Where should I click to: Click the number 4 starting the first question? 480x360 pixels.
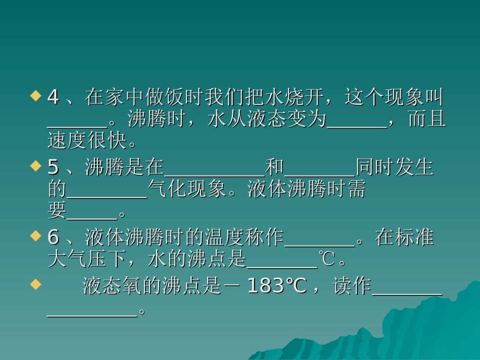tap(53, 97)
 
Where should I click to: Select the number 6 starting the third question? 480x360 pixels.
tap(53, 237)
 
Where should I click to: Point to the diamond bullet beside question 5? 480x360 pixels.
tap(35, 166)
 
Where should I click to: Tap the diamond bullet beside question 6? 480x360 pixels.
tap(35, 235)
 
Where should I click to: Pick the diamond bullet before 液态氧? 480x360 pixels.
tap(35, 284)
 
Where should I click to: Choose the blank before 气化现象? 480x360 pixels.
tap(107, 197)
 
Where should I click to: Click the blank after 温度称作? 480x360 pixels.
tap(320, 244)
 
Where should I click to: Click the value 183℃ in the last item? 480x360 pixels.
tap(277, 286)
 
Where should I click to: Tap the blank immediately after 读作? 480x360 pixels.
tap(407, 294)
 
